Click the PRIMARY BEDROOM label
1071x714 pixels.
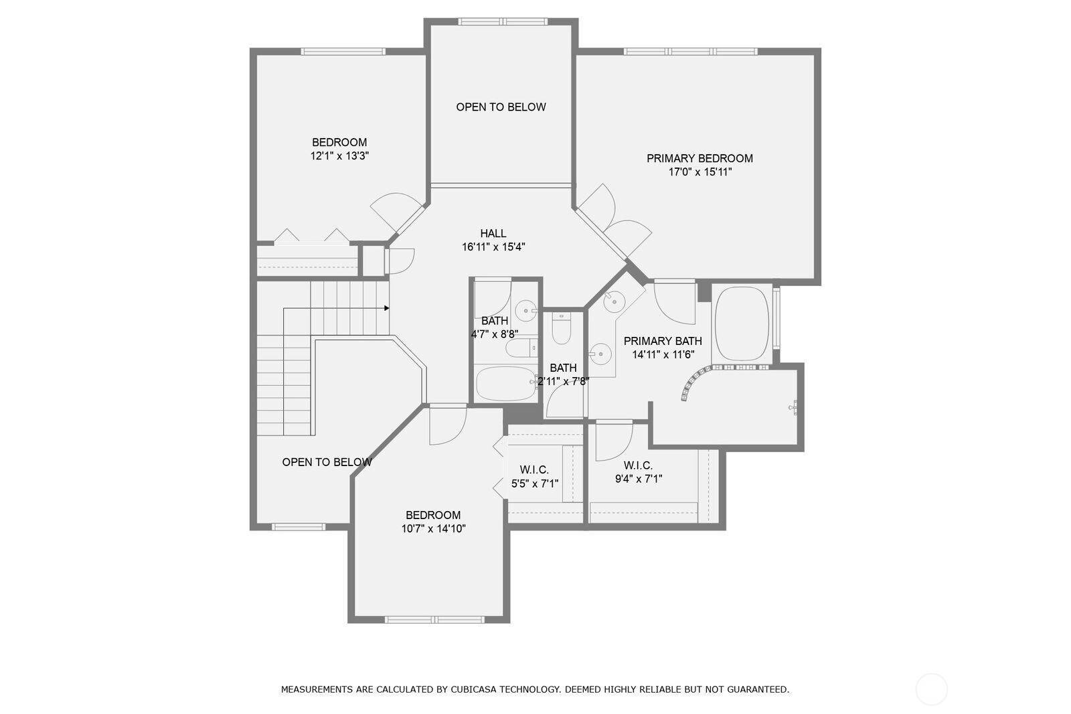coord(699,158)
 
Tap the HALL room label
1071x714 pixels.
coord(493,234)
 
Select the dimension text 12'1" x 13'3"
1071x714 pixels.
coord(339,156)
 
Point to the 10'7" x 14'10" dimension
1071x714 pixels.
coord(433,528)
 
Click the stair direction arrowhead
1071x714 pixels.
coord(387,308)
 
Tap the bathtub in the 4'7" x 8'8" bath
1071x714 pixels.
coord(507,383)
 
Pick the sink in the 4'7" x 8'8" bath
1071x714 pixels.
coord(526,310)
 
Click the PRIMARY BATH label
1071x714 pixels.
coord(663,341)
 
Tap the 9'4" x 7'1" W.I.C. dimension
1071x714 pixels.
coord(639,478)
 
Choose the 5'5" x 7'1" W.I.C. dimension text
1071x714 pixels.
coord(535,484)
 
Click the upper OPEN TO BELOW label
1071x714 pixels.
coord(501,107)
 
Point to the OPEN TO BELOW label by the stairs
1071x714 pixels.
coord(327,462)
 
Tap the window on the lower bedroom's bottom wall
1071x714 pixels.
coord(434,620)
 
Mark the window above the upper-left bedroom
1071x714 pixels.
coord(342,51)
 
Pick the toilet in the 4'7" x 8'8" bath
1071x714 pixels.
coord(521,348)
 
